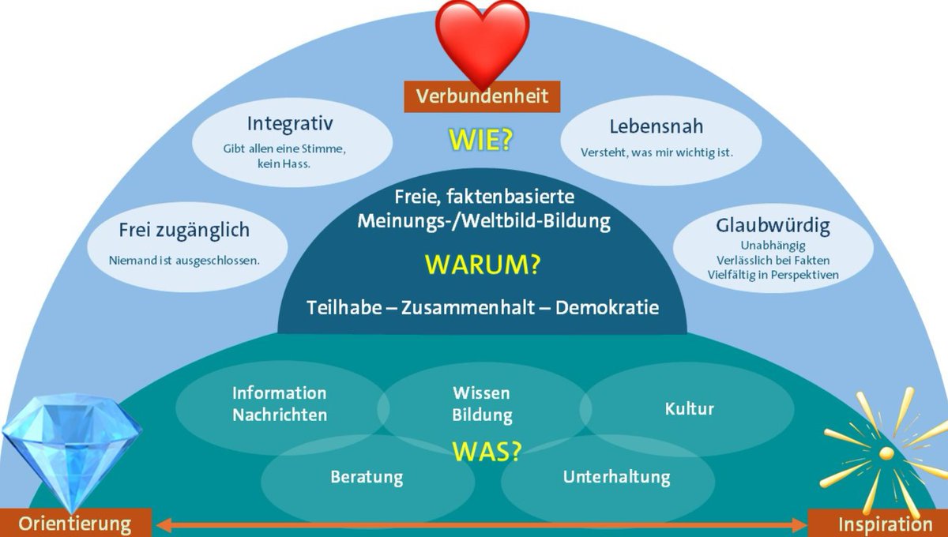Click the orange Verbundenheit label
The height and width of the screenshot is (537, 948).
tap(482, 97)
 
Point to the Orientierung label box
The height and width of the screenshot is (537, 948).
tap(74, 524)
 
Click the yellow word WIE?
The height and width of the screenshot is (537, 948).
tap(481, 140)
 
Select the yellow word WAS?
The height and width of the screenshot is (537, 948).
tap(487, 451)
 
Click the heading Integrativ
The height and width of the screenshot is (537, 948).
tap(290, 124)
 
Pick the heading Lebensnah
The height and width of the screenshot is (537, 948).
tap(656, 126)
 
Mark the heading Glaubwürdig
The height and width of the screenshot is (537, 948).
tap(773, 227)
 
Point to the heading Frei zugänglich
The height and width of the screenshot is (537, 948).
tap(184, 230)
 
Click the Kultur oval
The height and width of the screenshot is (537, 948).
tap(689, 408)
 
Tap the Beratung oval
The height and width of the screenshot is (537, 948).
tap(367, 477)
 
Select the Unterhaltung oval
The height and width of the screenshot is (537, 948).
tap(616, 477)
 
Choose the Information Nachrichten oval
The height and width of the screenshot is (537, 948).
tap(279, 404)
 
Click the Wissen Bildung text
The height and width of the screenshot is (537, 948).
tap(482, 404)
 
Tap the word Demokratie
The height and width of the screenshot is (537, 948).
tap(607, 308)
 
